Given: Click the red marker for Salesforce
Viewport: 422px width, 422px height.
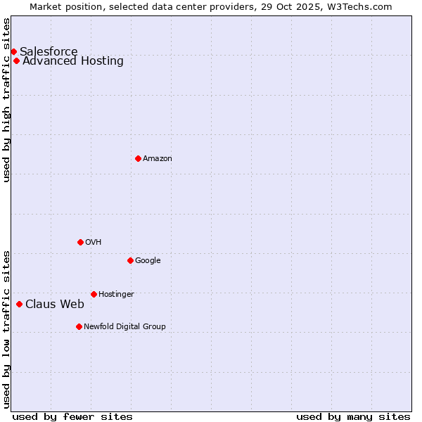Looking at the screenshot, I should (x=13, y=51).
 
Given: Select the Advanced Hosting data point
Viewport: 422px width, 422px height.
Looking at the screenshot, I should (x=16, y=60).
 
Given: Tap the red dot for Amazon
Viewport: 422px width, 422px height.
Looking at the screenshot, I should (x=138, y=158).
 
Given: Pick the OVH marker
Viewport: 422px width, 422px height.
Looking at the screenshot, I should (x=80, y=242).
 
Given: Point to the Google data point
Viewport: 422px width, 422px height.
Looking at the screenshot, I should (x=130, y=260).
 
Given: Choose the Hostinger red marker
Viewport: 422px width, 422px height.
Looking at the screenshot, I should (x=94, y=294).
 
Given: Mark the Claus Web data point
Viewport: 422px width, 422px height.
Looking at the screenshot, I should (x=19, y=304).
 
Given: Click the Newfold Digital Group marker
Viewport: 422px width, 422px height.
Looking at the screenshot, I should (x=79, y=326).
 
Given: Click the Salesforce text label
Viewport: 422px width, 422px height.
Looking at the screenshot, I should (x=49, y=51).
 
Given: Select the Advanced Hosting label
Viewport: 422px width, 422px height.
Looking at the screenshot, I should (x=73, y=60).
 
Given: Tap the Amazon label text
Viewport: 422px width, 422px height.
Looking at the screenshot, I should (x=158, y=159).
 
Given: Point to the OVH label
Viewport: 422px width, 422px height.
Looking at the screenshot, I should (x=94, y=243).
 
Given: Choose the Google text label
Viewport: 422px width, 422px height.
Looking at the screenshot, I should (x=148, y=261).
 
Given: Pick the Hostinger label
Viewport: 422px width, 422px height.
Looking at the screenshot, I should (x=116, y=295).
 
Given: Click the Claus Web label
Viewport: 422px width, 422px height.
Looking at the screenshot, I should (x=55, y=305).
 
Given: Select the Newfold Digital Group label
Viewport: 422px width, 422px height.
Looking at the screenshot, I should (x=124, y=327).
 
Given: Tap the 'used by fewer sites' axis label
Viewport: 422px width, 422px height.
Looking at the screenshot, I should (x=72, y=416).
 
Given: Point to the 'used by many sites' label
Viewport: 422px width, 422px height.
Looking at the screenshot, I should (x=353, y=416).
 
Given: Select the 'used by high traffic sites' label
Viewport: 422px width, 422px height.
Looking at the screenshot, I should (x=7, y=100).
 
